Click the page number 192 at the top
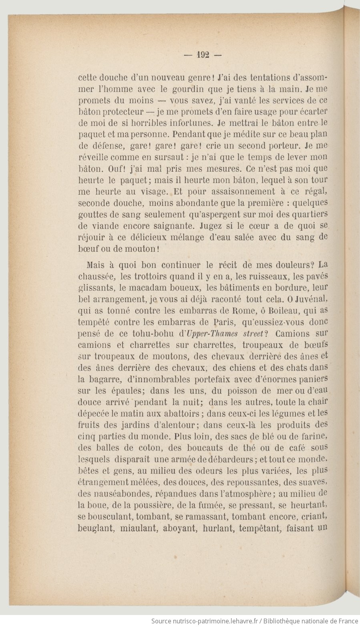[x=203, y=55]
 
